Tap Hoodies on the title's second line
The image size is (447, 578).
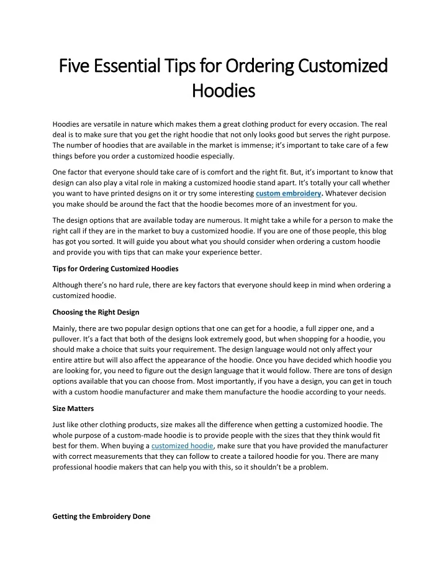223,91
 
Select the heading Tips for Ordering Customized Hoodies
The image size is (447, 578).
115,269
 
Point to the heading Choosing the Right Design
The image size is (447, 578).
96,312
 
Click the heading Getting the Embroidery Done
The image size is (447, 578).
101,516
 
